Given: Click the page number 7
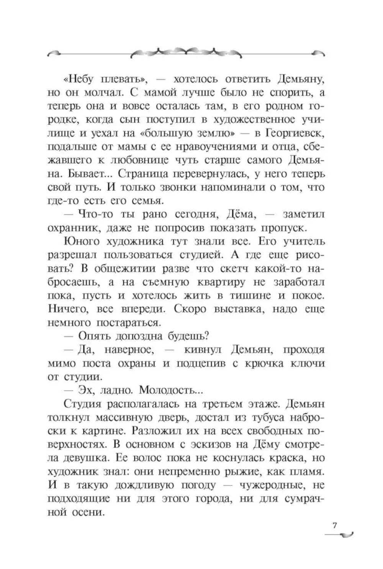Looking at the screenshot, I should pyautogui.click(x=334, y=525).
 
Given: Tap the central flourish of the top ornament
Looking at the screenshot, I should pyautogui.click(x=187, y=51).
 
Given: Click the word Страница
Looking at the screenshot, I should pyautogui.click(x=142, y=174).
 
